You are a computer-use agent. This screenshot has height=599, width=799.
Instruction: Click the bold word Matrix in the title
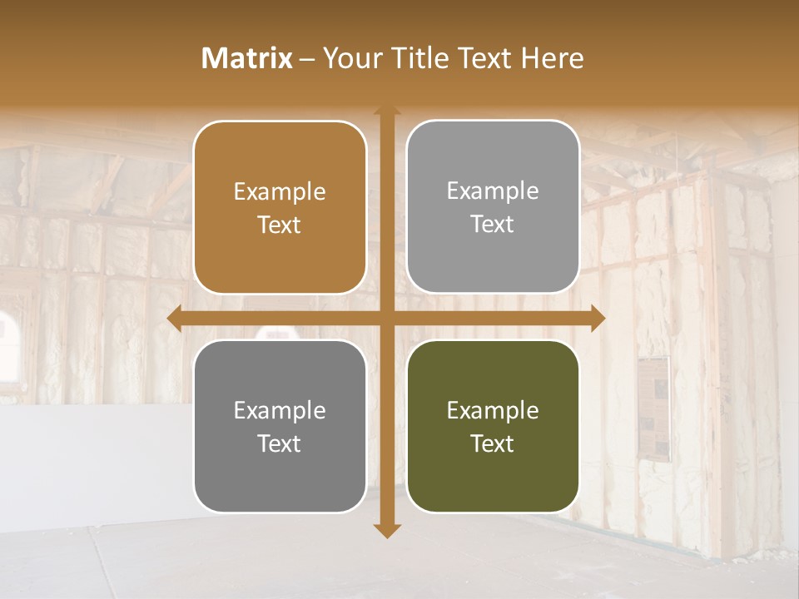247,58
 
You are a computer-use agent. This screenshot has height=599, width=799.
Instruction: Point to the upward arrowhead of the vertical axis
387,111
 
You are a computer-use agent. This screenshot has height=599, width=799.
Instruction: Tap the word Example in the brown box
280,192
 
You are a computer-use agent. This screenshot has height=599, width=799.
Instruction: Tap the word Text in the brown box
280,225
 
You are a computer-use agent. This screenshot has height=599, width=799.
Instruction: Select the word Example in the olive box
493,410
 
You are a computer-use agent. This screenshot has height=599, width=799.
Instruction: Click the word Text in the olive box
493,443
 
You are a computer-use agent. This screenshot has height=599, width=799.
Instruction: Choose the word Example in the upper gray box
493,191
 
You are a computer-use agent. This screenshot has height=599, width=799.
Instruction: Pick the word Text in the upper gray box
493,224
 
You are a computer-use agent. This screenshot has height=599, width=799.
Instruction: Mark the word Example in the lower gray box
280,410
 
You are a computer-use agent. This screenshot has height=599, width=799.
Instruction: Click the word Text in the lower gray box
280,443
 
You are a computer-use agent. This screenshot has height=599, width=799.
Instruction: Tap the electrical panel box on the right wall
655,408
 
